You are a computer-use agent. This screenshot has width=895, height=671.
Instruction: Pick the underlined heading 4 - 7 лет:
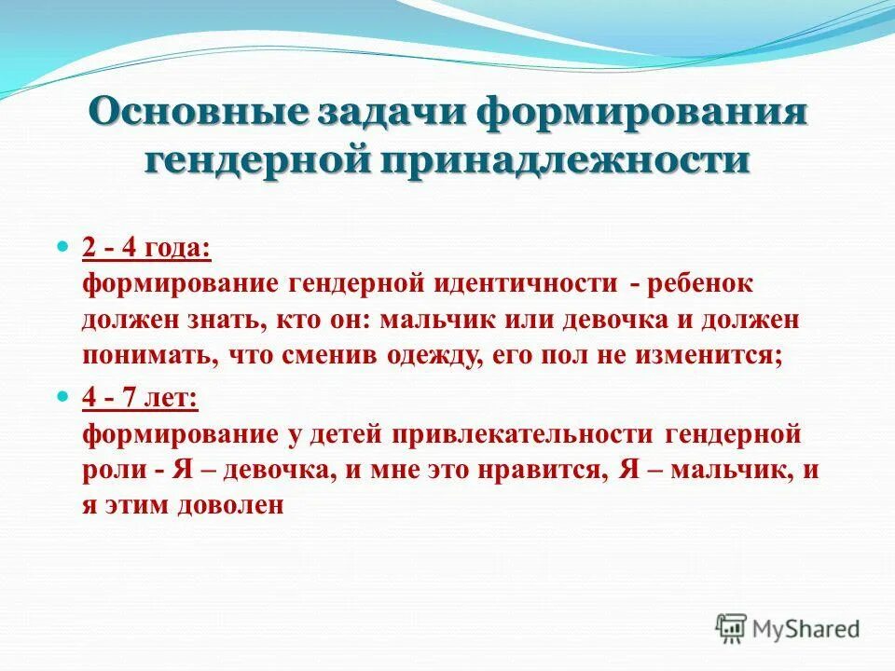(x=139, y=397)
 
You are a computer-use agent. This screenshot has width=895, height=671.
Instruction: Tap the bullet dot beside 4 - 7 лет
(x=63, y=396)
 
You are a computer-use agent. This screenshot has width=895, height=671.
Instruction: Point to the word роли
(x=113, y=470)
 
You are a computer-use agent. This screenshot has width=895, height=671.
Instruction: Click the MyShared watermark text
(x=807, y=629)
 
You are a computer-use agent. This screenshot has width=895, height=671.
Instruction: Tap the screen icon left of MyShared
(x=732, y=628)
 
